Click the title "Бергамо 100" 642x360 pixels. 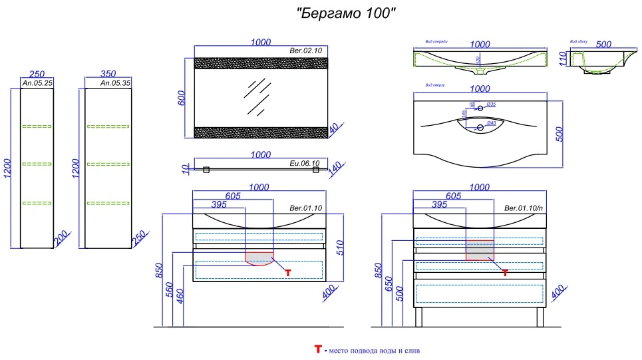(347, 13)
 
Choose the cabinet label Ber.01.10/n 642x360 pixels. (524, 208)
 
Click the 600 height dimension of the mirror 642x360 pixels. (180, 97)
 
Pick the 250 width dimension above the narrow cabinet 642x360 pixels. (37, 75)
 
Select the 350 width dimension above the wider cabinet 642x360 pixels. (108, 75)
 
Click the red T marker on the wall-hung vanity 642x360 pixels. (288, 272)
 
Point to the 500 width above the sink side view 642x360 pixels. (603, 45)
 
